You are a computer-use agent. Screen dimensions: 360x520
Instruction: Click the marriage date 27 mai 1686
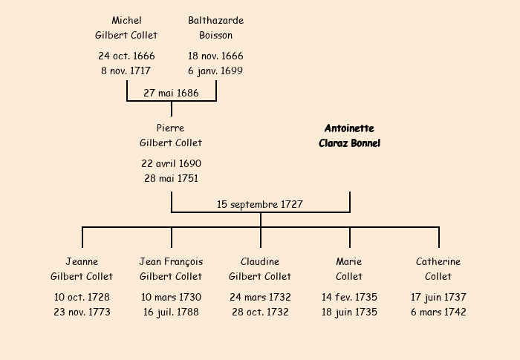point(171,93)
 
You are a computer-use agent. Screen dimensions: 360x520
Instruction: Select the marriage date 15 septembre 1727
point(260,204)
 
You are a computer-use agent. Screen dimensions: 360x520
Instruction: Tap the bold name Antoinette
point(349,128)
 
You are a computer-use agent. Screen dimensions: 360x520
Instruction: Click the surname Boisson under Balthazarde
point(215,35)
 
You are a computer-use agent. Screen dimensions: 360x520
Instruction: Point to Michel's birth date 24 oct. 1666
point(126,56)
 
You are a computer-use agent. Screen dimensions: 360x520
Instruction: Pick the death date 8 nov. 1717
point(126,71)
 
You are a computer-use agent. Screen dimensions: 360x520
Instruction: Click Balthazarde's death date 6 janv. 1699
point(215,71)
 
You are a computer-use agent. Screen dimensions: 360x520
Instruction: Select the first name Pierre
point(171,128)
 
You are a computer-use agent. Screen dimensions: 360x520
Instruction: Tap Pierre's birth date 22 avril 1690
point(171,163)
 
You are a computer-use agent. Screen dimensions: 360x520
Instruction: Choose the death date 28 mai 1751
point(171,179)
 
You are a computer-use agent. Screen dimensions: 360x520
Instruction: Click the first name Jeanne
point(82,261)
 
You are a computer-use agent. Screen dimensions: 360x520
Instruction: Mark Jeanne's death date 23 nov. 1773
point(82,312)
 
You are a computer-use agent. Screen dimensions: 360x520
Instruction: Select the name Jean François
point(171,261)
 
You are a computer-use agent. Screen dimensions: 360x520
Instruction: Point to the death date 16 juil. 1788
point(171,312)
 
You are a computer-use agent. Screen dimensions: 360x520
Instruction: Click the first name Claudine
point(260,261)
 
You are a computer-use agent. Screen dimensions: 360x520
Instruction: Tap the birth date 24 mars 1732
point(260,297)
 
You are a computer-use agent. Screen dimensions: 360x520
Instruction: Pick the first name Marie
point(349,261)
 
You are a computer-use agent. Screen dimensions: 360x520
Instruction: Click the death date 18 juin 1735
point(349,312)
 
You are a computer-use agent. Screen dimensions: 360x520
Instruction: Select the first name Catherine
point(438,261)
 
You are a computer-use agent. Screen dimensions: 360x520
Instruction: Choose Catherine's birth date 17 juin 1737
point(438,297)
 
